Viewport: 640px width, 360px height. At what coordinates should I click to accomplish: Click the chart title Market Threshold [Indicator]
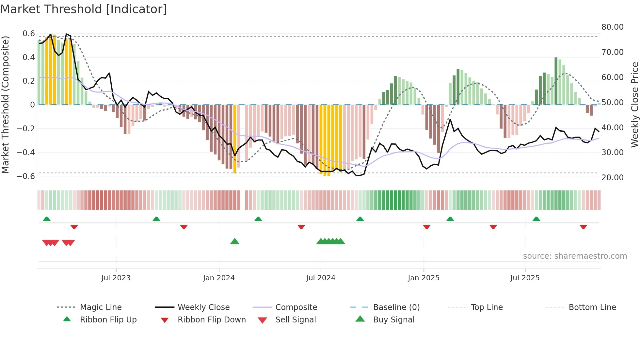tap(84, 9)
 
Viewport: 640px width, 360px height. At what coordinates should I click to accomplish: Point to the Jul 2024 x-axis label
tap(321, 278)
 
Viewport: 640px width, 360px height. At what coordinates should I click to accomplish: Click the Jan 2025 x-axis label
tap(424, 278)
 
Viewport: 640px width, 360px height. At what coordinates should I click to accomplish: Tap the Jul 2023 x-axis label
tap(116, 278)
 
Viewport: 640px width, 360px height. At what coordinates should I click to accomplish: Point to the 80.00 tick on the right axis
tap(613, 27)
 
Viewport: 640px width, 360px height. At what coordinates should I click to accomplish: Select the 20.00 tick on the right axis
tap(613, 178)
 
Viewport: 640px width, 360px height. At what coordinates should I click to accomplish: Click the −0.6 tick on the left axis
tap(26, 176)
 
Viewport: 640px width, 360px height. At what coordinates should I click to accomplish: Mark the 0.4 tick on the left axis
tap(28, 57)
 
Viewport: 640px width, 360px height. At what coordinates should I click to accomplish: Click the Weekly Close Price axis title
tap(634, 105)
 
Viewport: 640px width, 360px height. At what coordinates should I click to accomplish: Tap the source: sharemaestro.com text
tap(575, 256)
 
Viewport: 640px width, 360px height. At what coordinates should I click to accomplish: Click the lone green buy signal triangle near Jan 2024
tap(235, 242)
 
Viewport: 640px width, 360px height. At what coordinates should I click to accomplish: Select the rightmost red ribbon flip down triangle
tap(583, 227)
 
